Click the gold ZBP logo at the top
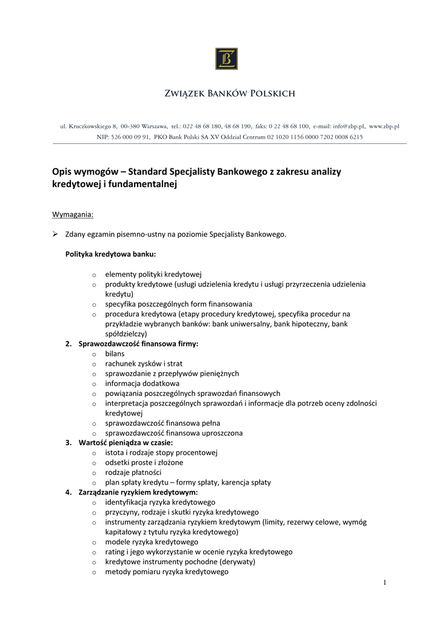(x=226, y=59)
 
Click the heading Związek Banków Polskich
(x=230, y=94)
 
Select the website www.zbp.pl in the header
(x=384, y=126)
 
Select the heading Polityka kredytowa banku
(x=110, y=254)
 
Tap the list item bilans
(x=115, y=354)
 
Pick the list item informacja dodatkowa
(x=142, y=383)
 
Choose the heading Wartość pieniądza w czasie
(x=126, y=443)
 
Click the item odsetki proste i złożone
(x=144, y=462)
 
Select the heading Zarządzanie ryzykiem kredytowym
(x=138, y=492)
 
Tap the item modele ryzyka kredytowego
(x=152, y=542)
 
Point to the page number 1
(x=384, y=583)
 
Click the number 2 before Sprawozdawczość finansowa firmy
(x=68, y=344)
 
